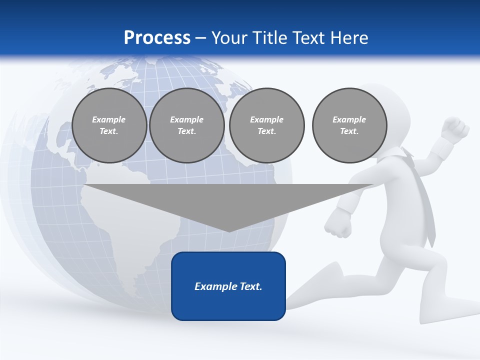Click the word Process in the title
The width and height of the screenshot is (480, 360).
[x=157, y=38]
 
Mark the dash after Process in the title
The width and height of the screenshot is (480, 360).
[x=200, y=38]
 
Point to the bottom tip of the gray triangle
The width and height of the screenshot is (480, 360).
[x=229, y=230]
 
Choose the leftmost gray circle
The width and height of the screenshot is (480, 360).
[x=109, y=125]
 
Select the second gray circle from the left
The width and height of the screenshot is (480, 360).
[x=187, y=125]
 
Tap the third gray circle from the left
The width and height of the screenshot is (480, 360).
[x=267, y=125]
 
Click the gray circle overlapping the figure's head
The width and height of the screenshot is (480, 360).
[x=349, y=125]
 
